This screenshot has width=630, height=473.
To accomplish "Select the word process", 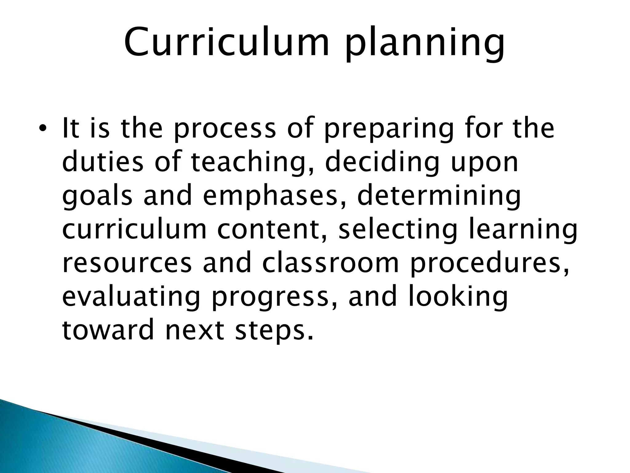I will pos(225,129).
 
